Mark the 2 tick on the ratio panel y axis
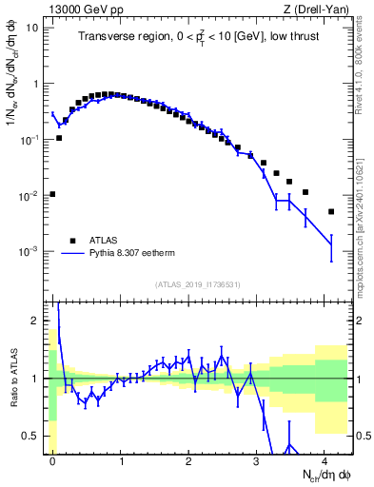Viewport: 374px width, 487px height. (x=35, y=321)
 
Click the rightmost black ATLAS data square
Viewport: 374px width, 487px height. (x=331, y=211)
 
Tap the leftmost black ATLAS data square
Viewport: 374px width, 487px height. (x=52, y=194)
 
